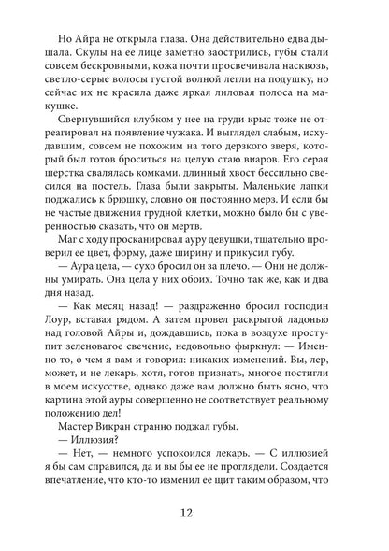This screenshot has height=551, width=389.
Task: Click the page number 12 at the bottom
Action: tap(194, 513)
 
